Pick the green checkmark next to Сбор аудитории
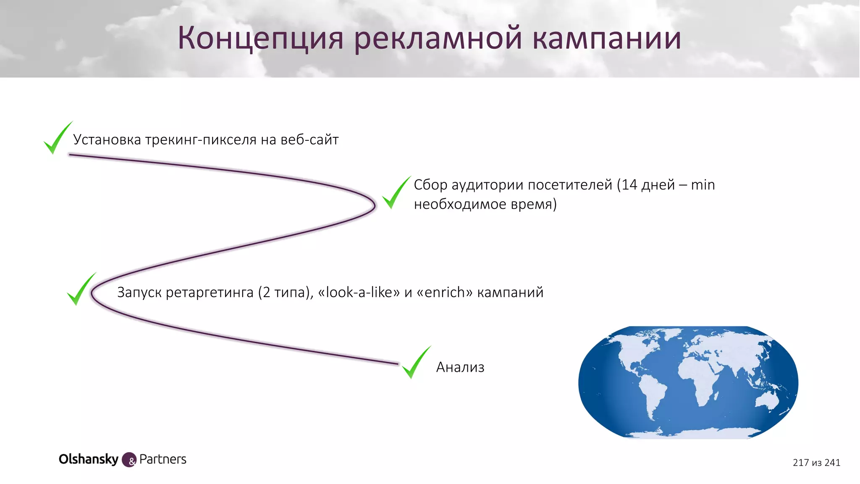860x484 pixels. click(x=395, y=193)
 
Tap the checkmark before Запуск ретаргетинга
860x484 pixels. click(x=80, y=289)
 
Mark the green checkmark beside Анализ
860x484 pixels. click(x=415, y=363)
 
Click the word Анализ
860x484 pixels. click(x=460, y=367)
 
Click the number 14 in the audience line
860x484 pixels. click(x=629, y=185)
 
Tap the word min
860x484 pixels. click(x=703, y=185)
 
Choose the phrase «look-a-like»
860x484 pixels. click(x=359, y=292)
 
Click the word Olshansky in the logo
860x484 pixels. click(x=89, y=459)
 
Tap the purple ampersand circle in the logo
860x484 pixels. click(x=129, y=460)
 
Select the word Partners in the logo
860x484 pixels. click(x=163, y=459)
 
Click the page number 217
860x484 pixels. click(x=800, y=463)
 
